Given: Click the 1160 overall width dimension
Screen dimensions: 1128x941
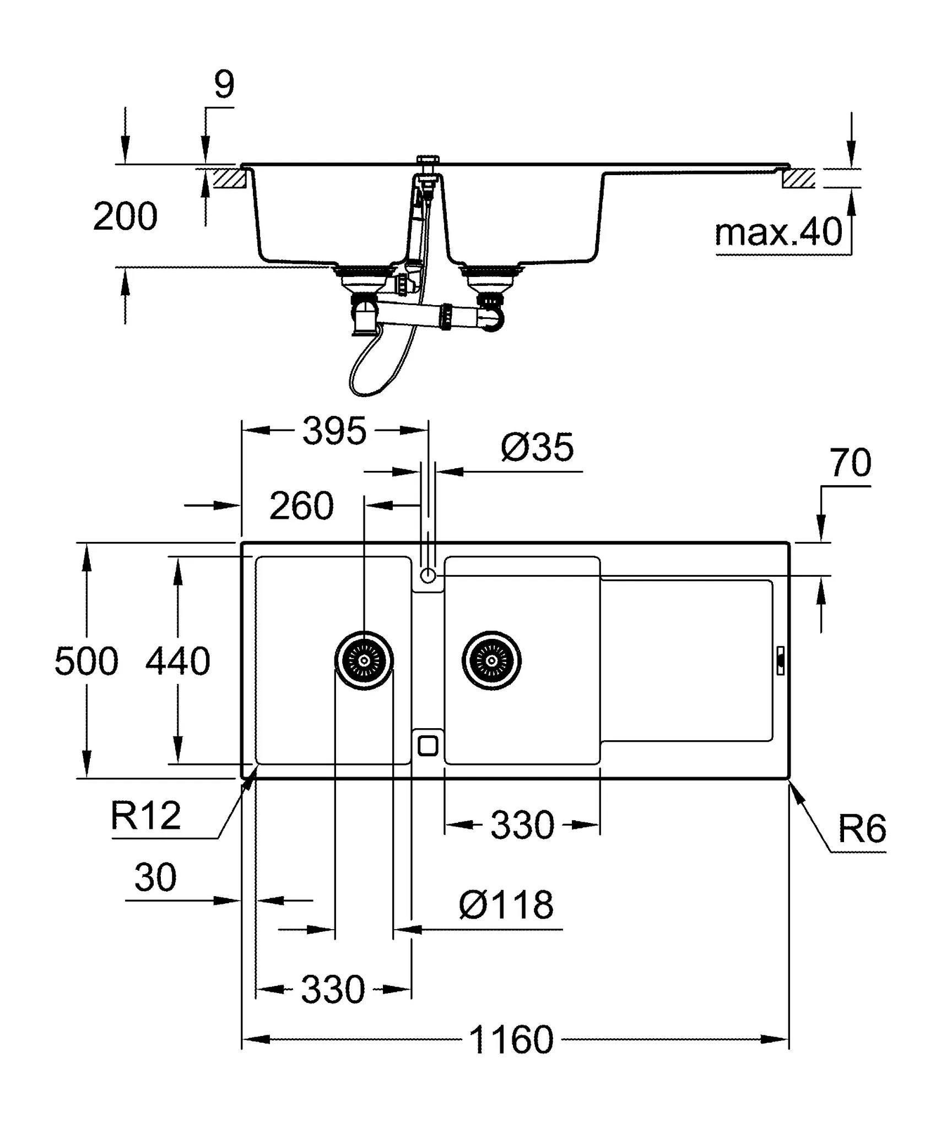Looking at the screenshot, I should (x=511, y=1039).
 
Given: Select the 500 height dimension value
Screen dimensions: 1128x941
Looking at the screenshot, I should (x=86, y=661).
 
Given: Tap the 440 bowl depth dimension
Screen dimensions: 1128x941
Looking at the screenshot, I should (x=177, y=661).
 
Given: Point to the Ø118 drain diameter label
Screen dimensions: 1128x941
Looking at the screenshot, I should (x=506, y=905).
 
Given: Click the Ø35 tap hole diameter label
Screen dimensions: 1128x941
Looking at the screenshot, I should (x=537, y=447).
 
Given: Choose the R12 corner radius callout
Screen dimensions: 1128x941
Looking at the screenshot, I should (x=145, y=816).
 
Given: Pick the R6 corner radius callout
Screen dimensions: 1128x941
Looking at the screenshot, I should (x=862, y=829).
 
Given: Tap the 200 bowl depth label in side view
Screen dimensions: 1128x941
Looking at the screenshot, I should (x=125, y=216).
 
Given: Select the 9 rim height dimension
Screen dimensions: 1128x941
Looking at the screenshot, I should (x=224, y=85).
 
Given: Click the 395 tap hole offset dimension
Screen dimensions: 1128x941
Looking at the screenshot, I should (x=334, y=431).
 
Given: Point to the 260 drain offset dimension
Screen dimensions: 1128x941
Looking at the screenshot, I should (x=301, y=506).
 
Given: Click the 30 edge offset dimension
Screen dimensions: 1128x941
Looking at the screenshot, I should (x=155, y=877).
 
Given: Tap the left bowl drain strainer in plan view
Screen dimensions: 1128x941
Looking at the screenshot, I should (x=364, y=660).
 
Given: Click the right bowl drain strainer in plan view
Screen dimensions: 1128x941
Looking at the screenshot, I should (x=491, y=660).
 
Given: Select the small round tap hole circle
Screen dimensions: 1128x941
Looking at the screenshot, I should (x=428, y=576).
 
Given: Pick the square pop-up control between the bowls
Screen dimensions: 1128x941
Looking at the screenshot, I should (x=428, y=746).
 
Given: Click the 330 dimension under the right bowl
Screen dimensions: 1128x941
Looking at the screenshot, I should (x=522, y=825).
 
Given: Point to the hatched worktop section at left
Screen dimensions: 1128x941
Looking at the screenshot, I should (x=230, y=178).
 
